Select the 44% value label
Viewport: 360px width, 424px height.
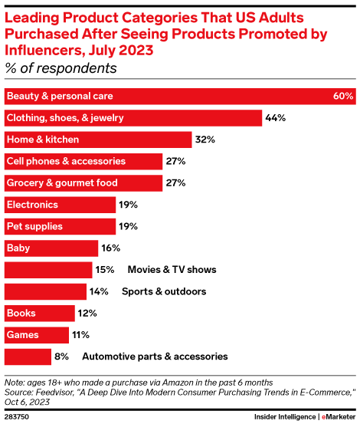pos(275,118)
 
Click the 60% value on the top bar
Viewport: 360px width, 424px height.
pos(343,97)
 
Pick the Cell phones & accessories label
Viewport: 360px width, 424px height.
pos(65,162)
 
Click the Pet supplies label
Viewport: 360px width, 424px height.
pos(34,227)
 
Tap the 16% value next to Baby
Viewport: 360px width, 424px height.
pos(111,248)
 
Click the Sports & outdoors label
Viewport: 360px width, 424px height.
pos(164,292)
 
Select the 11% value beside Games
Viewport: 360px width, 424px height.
pos(80,335)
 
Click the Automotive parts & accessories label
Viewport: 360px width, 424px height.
pos(155,357)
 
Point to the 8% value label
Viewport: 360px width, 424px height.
pos(61,357)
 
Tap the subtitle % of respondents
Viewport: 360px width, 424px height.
pos(61,69)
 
